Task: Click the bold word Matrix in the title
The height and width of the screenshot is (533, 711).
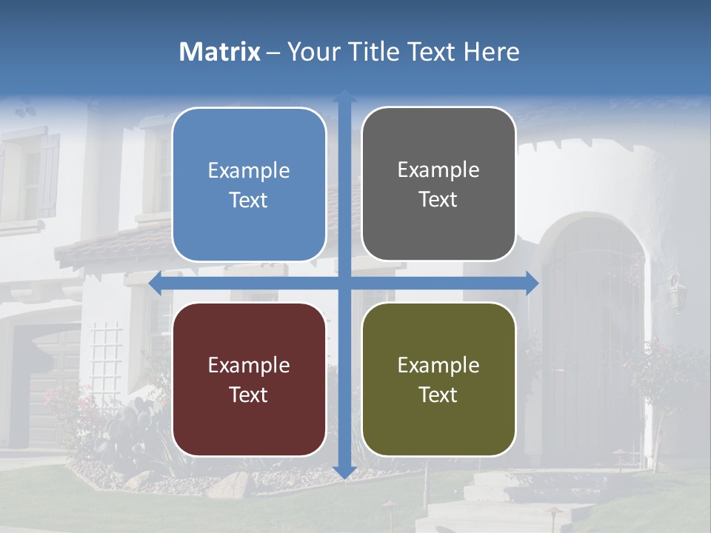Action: pos(219,52)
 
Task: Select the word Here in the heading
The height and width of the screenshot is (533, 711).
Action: pos(491,52)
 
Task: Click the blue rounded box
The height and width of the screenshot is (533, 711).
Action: pos(249,184)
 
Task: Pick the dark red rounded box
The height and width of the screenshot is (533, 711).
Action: pos(249,380)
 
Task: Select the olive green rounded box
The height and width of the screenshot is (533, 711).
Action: pos(438,380)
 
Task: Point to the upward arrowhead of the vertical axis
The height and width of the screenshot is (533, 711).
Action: pos(344,95)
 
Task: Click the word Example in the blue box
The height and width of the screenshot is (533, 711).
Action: pos(249,170)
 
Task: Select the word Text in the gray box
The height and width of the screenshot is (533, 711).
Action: pos(438,200)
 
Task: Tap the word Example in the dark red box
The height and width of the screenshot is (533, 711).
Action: pos(249,365)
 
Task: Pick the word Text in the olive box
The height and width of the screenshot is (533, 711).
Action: pos(438,395)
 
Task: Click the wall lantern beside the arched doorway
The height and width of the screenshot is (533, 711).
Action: pos(676,294)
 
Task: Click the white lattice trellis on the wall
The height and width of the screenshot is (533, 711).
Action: pos(106,355)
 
